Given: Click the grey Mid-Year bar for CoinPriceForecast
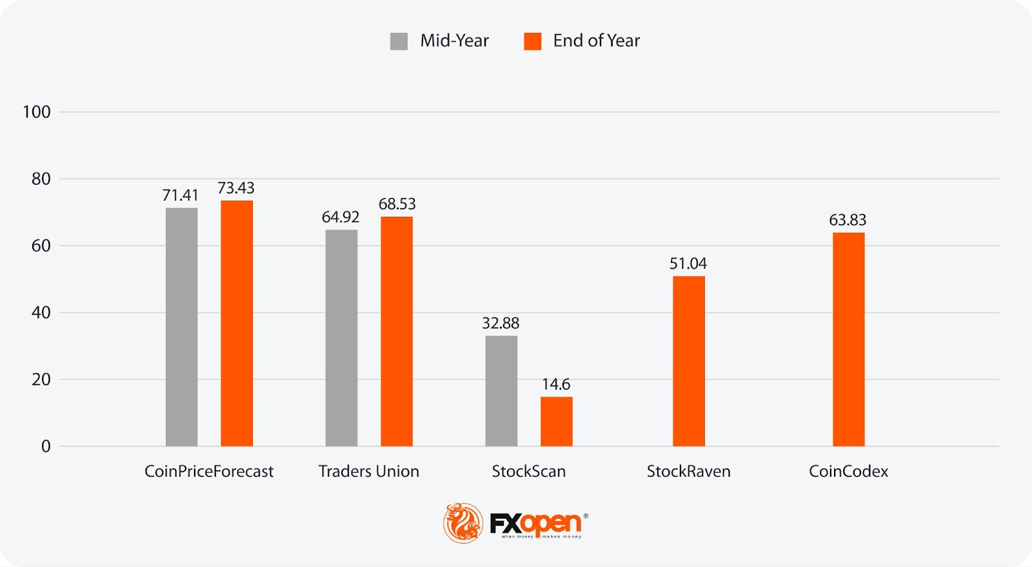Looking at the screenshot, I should (181, 326).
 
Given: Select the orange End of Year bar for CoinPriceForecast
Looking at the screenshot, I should (237, 323).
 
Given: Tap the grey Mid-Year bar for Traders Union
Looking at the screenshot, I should (341, 337).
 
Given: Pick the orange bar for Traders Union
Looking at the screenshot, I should (396, 331).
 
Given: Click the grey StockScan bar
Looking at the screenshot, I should (501, 390).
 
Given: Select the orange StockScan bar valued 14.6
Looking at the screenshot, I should (556, 421).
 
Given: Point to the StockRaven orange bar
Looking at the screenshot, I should (688, 361).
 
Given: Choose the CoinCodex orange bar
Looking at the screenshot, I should (848, 339).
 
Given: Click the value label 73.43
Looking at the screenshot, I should (236, 188).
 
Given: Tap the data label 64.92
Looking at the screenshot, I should (341, 217).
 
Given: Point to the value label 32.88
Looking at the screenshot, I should (501, 323).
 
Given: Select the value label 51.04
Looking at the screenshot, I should (688, 263).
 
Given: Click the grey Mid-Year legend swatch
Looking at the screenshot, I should (399, 41).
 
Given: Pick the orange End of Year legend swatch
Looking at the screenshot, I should (532, 41).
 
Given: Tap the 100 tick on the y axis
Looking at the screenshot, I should (37, 112).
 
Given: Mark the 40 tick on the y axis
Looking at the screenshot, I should (41, 313).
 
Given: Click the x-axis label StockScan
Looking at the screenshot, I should (529, 472).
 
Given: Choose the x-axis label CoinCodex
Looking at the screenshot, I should (848, 472).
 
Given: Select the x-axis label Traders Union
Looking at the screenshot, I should (369, 472).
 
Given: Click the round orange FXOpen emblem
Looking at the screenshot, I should (462, 522).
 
